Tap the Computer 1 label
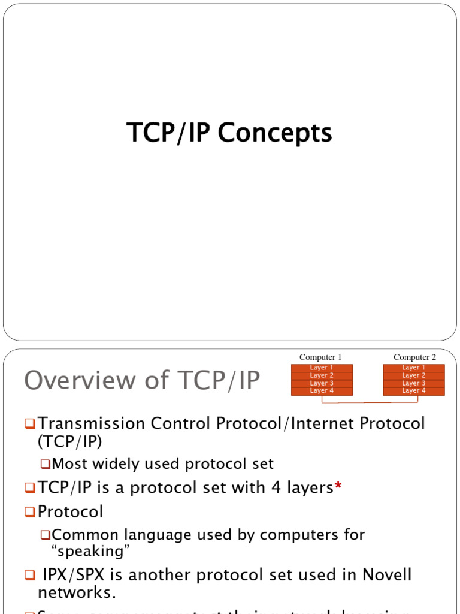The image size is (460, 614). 320,357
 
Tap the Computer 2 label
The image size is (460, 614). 414,357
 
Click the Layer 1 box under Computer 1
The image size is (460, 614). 322,368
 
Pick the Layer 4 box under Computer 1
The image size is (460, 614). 322,391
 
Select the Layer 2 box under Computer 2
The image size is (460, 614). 414,375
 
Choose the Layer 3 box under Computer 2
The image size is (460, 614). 414,383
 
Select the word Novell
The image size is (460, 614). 387,575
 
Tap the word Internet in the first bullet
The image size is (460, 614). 308,423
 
